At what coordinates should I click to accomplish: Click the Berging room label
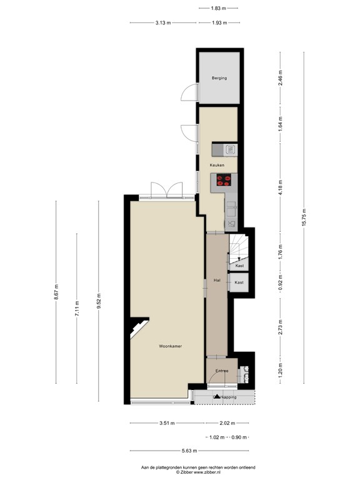218,78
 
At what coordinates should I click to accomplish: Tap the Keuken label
217,165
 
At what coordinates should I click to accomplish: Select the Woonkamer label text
170,346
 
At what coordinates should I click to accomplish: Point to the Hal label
217,281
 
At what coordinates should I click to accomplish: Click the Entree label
221,371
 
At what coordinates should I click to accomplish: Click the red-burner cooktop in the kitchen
223,181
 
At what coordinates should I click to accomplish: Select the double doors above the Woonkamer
167,189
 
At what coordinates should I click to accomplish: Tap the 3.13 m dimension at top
163,23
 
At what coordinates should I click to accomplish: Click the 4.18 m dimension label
281,187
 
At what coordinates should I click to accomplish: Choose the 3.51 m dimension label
166,423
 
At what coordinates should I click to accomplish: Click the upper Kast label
239,266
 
